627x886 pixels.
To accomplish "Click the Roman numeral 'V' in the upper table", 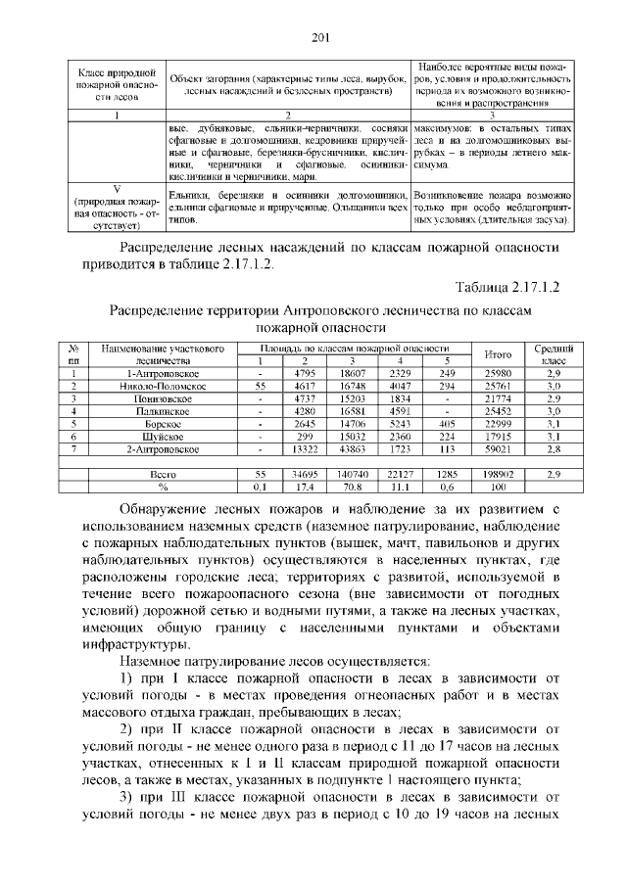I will [x=116, y=189].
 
